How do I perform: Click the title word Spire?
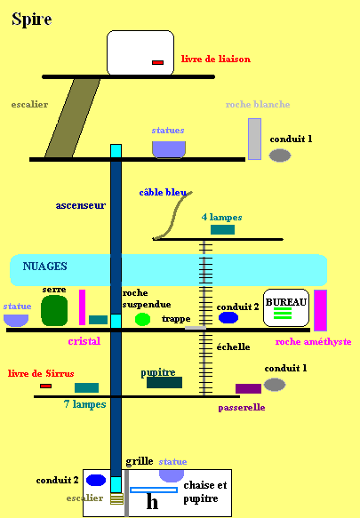[32, 20]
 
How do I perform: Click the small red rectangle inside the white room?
[157, 62]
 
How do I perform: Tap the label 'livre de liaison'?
[215, 60]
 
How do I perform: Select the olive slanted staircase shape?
[72, 118]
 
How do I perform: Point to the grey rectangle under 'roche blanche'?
[254, 139]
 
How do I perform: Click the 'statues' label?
[168, 130]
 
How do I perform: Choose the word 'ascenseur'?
[81, 205]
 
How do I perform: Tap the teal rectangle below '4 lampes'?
[222, 229]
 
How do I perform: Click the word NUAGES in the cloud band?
[44, 267]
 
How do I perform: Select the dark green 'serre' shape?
[54, 311]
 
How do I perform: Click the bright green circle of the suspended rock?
[142, 320]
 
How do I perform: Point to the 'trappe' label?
[176, 319]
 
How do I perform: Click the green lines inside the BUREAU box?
[283, 313]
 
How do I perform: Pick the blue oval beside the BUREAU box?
[228, 317]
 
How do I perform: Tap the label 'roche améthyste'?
[313, 341]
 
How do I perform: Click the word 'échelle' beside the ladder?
[233, 347]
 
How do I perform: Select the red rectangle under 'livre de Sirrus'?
[45, 386]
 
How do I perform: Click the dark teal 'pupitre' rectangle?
[164, 382]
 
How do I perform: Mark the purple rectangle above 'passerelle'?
[248, 389]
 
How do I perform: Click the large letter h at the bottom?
[152, 501]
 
